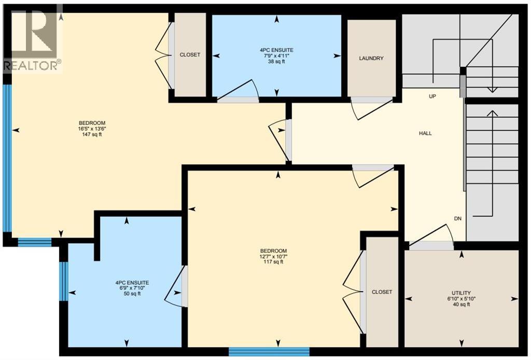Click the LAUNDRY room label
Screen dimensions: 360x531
click(371, 58)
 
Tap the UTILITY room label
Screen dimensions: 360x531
click(461, 293)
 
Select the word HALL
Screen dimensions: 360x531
click(425, 133)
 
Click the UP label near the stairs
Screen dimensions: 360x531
click(431, 96)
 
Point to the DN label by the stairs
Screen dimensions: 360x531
click(457, 218)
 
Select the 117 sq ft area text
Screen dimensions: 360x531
click(274, 262)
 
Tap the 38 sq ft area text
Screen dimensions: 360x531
click(275, 62)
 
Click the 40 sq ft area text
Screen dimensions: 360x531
click(461, 304)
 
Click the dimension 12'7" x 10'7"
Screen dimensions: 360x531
click(274, 256)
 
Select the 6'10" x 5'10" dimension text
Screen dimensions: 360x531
click(461, 299)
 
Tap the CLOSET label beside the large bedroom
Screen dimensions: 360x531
click(190, 54)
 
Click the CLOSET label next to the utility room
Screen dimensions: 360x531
click(382, 292)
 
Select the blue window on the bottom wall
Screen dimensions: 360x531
click(269, 352)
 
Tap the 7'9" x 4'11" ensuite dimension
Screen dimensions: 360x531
click(275, 56)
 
